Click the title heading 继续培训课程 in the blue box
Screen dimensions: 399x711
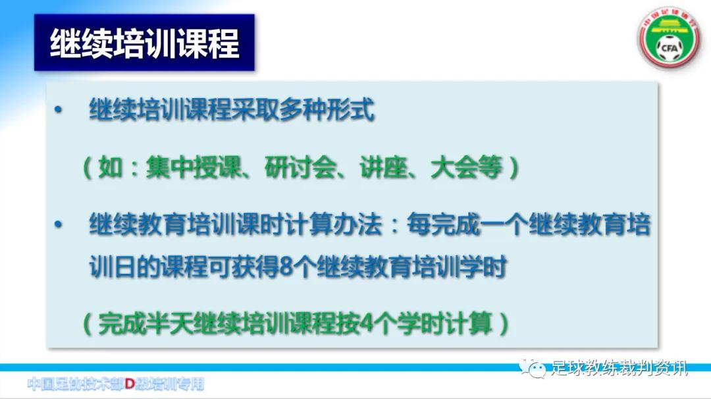point(144,43)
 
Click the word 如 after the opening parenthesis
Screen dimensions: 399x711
point(110,168)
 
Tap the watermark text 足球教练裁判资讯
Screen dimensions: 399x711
point(619,367)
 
